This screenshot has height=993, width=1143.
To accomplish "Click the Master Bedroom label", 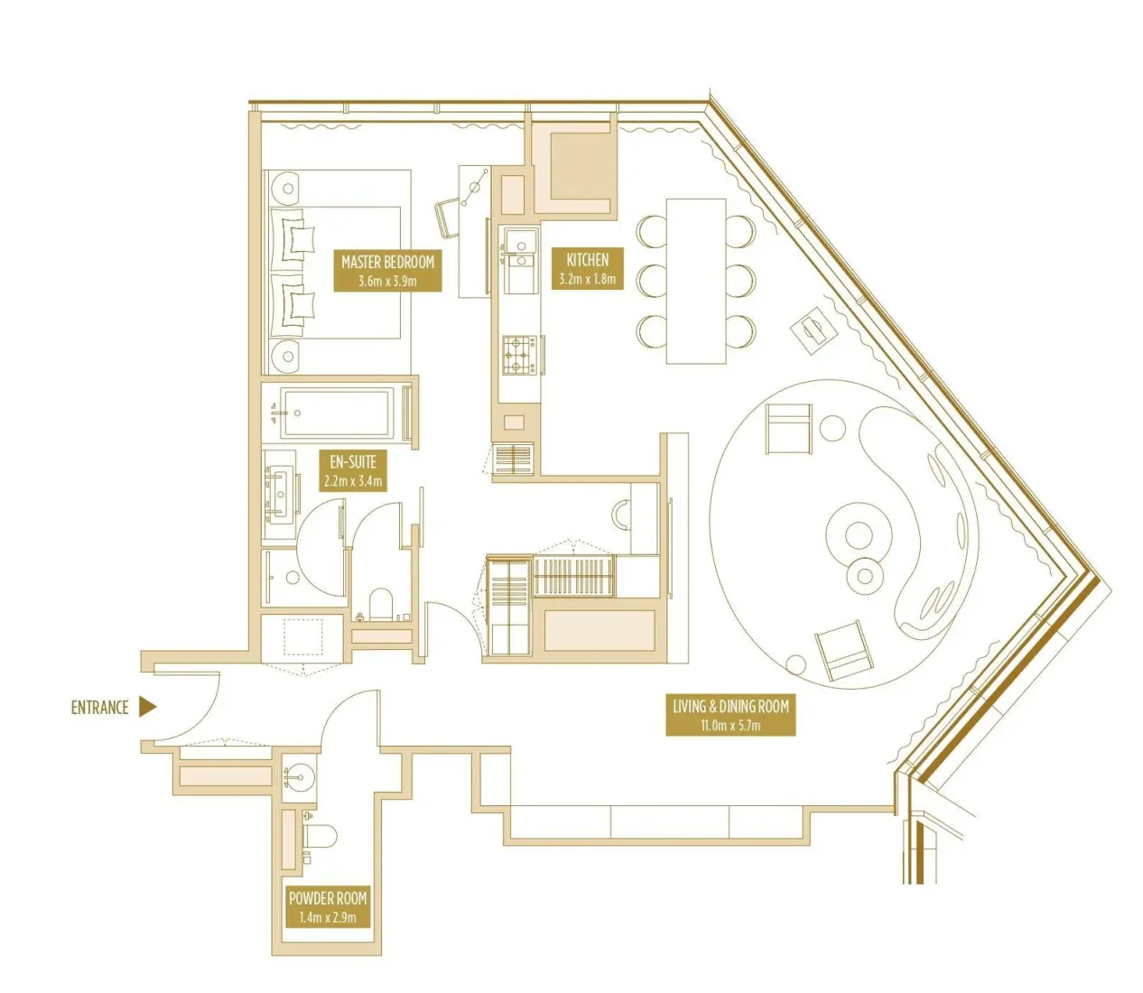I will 387,270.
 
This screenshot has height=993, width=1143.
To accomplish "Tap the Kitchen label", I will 587,268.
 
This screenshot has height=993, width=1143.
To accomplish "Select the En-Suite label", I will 353,470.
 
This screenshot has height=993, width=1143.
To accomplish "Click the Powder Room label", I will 328,907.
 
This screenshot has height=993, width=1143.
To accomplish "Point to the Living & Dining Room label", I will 730,715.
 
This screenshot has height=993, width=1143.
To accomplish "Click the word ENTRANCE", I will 99,708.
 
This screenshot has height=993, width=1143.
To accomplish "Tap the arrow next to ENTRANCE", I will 147,708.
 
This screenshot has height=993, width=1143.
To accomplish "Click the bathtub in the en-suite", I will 335,414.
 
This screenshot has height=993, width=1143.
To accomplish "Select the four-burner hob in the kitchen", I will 519,355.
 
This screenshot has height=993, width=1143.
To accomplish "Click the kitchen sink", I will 520,242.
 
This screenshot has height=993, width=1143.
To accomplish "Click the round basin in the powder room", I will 298,775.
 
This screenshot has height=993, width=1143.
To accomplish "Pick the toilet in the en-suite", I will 381,608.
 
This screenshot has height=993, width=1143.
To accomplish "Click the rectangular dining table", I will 695,281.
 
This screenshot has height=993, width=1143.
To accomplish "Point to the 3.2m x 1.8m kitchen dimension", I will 587,279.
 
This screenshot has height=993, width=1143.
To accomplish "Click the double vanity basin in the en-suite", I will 282,495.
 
